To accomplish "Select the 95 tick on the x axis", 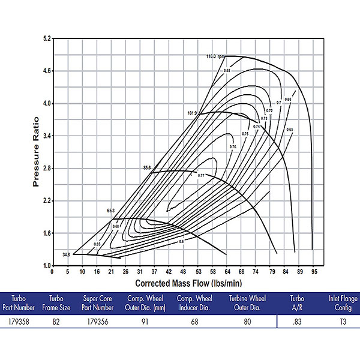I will [x=313, y=272].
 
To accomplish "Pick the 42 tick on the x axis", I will [x=169, y=272].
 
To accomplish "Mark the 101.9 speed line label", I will [x=192, y=113].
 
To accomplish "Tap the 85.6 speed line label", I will [x=146, y=168].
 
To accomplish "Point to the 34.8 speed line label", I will [x=66, y=255].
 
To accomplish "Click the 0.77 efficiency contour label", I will [x=202, y=175].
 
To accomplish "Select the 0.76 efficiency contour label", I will [x=233, y=146].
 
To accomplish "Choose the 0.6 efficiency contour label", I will [x=181, y=241].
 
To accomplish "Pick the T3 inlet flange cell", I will [x=338, y=322].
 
